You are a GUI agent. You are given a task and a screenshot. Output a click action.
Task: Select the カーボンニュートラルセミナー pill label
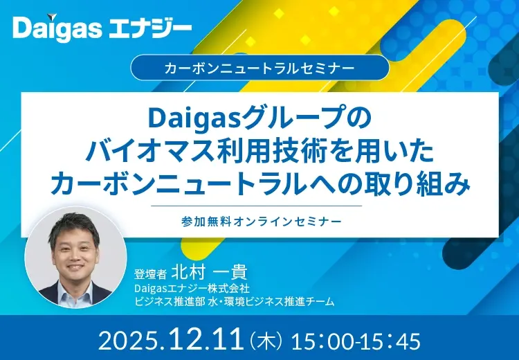pyautogui.click(x=259, y=69)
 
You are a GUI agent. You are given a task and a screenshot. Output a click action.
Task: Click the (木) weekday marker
pyautogui.click(x=265, y=341)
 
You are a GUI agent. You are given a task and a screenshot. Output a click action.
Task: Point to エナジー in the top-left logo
pyautogui.click(x=149, y=28)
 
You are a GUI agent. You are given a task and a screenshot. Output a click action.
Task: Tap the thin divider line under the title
pyautogui.click(x=259, y=206)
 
